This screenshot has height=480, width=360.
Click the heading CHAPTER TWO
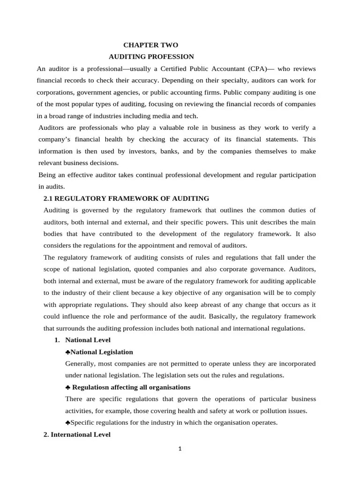coord(150,45)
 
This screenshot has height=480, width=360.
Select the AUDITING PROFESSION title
coord(151,57)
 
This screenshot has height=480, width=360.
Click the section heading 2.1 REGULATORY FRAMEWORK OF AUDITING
coord(126,198)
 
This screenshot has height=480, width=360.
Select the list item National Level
coord(88,340)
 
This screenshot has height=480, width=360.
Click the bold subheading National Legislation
coord(102,352)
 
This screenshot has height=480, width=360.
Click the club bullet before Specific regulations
coord(68,422)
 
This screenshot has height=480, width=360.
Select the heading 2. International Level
coord(77,435)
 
